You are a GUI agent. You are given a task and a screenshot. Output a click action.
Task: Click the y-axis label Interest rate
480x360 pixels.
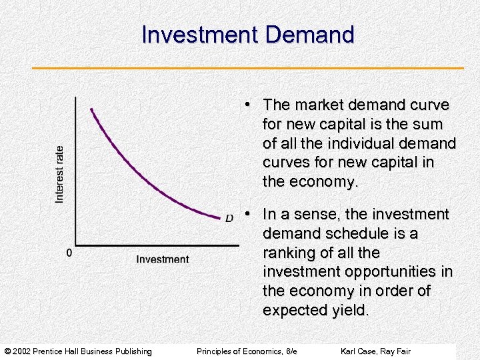point(59,174)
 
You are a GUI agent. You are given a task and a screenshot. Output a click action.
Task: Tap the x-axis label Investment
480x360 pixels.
point(163,259)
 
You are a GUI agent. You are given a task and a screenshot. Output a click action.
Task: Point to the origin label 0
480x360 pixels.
point(68,253)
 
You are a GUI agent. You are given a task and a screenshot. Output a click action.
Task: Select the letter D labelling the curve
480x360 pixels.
point(229,218)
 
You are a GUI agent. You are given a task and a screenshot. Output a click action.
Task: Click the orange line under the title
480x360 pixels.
point(247,68)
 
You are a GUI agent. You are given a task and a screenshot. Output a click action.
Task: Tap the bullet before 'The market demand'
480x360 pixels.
point(247,104)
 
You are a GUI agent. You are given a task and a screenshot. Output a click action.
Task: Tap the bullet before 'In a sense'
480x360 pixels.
point(247,213)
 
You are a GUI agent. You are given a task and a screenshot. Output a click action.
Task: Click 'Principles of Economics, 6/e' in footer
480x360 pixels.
point(247,351)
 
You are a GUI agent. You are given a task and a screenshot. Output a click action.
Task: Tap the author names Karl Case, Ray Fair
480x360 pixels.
point(375,351)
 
